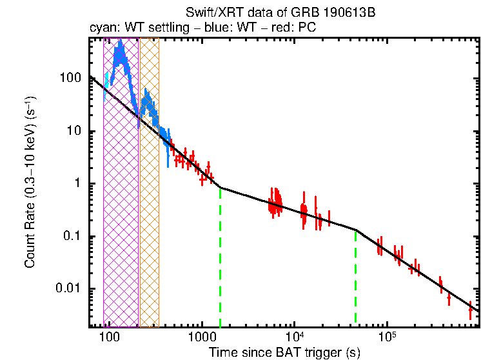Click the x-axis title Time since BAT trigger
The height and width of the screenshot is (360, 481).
click(x=284, y=352)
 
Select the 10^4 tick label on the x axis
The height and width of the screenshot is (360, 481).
click(x=295, y=337)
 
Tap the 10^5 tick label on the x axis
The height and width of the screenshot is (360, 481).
click(x=387, y=337)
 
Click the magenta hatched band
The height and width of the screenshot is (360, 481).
click(x=121, y=194)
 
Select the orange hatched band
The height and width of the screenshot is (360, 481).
click(x=149, y=194)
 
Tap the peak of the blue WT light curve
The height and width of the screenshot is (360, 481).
click(x=119, y=49)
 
